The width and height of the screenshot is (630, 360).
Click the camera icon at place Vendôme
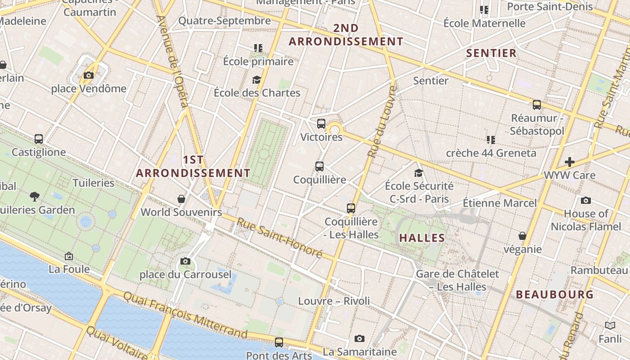tap(89, 75)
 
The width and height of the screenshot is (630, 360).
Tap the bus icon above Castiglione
tap(39, 139)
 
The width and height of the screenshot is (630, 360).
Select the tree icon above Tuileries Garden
tap(35, 196)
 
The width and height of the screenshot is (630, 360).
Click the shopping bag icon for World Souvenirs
tap(181, 198)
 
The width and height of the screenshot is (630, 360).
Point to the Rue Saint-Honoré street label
tap(279, 238)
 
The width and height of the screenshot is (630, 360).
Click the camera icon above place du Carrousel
tap(185, 261)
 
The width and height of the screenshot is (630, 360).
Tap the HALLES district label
tap(422, 238)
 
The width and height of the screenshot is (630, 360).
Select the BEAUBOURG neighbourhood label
tap(554, 295)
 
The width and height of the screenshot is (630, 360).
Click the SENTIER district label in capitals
tap(491, 53)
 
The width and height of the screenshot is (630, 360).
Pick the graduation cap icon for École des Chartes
tap(256, 80)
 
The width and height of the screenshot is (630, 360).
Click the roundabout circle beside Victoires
tap(334, 130)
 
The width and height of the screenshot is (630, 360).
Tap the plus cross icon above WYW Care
tap(570, 162)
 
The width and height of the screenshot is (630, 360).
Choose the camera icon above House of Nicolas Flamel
tap(585, 200)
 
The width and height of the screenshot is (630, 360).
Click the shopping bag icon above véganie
tap(522, 236)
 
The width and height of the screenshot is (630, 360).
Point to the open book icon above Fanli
tap(610, 325)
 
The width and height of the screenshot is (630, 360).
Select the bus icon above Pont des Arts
tap(279, 342)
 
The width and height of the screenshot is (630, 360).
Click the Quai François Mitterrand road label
tap(185, 315)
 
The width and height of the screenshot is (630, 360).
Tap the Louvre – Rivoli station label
tap(334, 301)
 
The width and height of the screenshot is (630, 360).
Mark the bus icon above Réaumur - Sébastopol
tap(537, 105)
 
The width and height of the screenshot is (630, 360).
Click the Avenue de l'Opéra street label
tap(173, 61)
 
